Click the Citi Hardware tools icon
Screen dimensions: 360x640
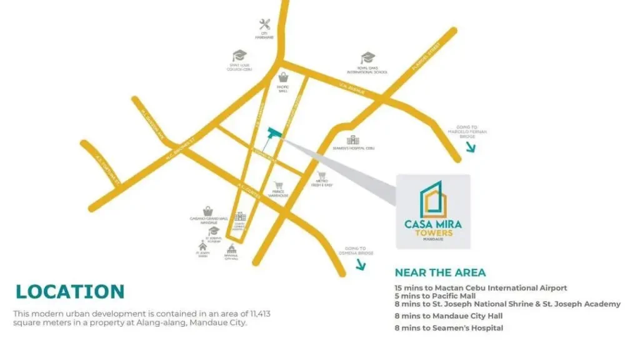[264, 25]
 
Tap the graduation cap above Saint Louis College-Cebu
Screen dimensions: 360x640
[239, 56]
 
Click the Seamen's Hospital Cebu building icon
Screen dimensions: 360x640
[353, 139]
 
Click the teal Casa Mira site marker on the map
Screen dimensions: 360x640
[273, 133]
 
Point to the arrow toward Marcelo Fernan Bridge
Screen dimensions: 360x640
[470, 147]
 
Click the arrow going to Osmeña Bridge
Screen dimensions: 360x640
[361, 264]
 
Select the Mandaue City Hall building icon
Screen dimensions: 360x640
[231, 249]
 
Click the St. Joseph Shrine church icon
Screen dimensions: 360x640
[202, 246]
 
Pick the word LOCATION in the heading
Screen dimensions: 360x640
[70, 291]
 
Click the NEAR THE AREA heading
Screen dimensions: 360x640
[440, 273]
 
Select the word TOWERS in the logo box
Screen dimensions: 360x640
[433, 232]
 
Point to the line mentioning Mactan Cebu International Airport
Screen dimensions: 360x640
[481, 288]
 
